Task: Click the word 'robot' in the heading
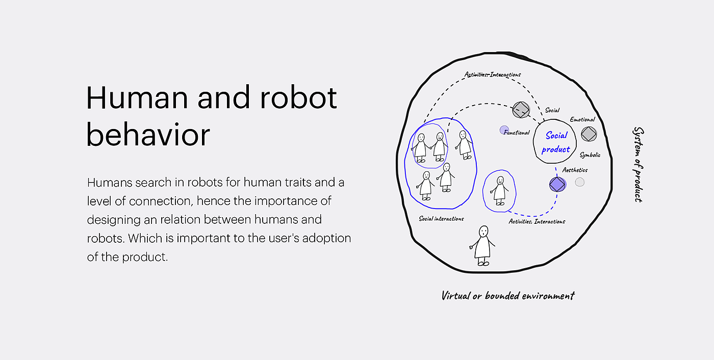click(x=299, y=97)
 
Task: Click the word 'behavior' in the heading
click(x=148, y=135)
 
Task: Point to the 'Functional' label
click(x=517, y=133)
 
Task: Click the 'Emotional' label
click(x=582, y=119)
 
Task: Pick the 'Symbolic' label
click(x=590, y=155)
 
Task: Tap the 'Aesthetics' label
click(x=575, y=170)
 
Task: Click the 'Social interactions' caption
click(x=441, y=219)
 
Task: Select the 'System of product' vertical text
click(x=638, y=164)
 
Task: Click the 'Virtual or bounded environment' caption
click(x=508, y=296)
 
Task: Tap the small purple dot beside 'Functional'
click(x=504, y=130)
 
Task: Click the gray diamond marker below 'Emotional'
click(x=589, y=134)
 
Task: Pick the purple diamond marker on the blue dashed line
click(x=557, y=184)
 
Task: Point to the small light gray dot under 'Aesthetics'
click(x=580, y=182)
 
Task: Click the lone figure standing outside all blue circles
click(x=482, y=246)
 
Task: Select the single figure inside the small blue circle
click(x=499, y=191)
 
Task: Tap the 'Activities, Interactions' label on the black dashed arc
click(x=493, y=74)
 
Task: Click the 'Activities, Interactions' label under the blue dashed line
click(x=537, y=222)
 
